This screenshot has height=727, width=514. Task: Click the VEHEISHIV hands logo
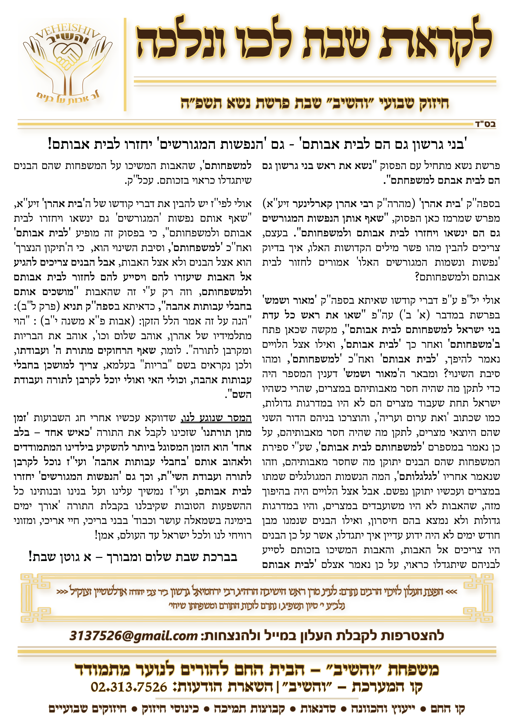[x=67, y=63]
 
